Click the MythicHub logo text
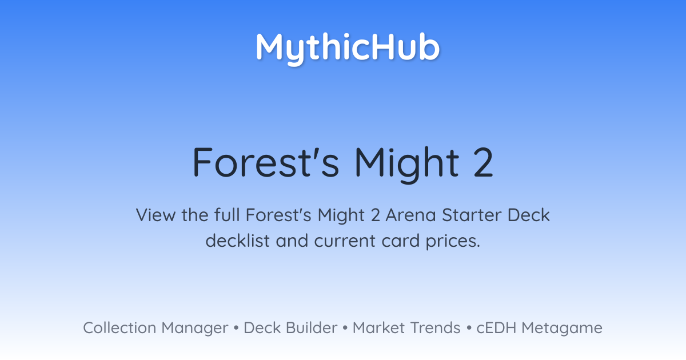click(x=348, y=49)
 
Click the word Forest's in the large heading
click(x=266, y=162)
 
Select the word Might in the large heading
click(x=407, y=165)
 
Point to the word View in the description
click(x=155, y=215)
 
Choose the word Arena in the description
click(x=410, y=215)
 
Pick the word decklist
click(x=238, y=241)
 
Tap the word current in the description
click(x=345, y=241)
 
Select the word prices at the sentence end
click(x=453, y=242)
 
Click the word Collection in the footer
click(x=119, y=327)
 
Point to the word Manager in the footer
click(x=195, y=329)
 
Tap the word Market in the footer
click(x=378, y=327)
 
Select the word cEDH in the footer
click(x=496, y=327)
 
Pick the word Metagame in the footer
click(x=562, y=329)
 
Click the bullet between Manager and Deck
click(x=236, y=328)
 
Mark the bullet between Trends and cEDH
click(x=469, y=328)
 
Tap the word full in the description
click(x=227, y=215)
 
